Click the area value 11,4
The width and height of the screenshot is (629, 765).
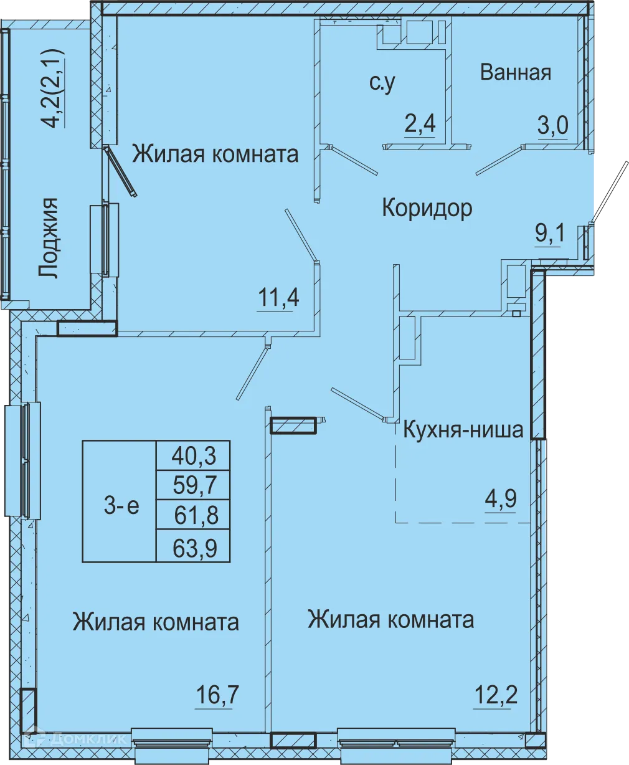click(278, 298)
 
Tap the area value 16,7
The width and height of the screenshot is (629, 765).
click(217, 695)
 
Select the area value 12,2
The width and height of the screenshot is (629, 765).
click(496, 694)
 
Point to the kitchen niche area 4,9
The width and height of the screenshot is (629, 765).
click(501, 499)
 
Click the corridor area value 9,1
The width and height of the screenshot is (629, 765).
click(551, 234)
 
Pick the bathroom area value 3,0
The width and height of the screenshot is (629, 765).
click(553, 126)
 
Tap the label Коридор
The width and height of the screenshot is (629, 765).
click(427, 207)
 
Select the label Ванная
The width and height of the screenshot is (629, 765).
click(516, 72)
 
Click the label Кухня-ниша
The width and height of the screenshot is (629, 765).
click(463, 430)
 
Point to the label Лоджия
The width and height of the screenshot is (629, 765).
click(48, 238)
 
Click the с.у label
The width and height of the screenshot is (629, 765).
click(382, 82)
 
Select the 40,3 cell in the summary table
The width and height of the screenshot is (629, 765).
click(193, 456)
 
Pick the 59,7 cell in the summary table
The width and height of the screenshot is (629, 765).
click(193, 485)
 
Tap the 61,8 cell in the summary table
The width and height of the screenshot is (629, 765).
click(193, 515)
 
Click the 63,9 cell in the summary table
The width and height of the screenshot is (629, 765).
click(193, 547)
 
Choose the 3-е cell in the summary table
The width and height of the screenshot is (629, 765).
click(121, 506)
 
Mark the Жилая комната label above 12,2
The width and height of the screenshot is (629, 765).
click(390, 620)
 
